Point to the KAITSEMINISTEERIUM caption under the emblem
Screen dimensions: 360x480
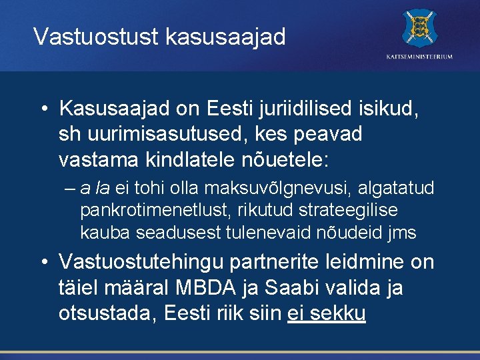click(x=419, y=57)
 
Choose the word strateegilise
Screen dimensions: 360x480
click(x=340, y=211)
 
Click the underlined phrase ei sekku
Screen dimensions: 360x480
click(x=326, y=314)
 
